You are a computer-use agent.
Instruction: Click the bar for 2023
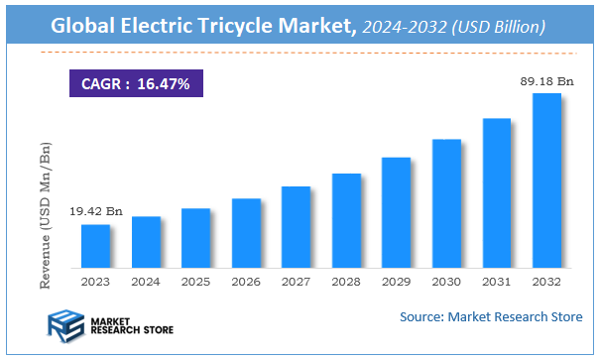pos(95,246)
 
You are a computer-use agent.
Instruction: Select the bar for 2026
pos(246,233)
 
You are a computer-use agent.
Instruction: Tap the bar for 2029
pos(396,212)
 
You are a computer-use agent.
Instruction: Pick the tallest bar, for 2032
pos(546,180)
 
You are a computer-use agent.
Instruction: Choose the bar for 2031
pos(496,193)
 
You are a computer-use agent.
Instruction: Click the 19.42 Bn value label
pos(95,212)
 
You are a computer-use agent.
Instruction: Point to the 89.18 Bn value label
pos(546,81)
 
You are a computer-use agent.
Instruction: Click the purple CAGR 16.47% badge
pos(136,84)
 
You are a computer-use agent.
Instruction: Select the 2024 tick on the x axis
pos(146,281)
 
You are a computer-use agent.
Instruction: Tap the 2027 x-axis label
pos(296,281)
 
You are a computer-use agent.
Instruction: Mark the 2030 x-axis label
pos(446,281)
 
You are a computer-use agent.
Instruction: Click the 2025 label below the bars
pos(195,281)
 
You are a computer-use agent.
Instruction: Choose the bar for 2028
pos(346,220)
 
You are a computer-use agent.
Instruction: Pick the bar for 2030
pos(446,203)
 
